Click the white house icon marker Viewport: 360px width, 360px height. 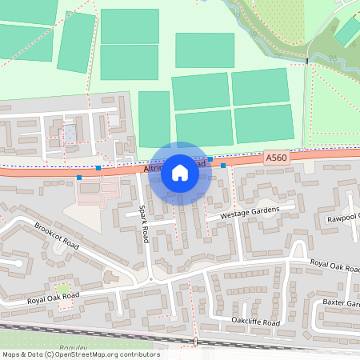180,173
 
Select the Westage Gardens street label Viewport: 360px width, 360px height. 242,212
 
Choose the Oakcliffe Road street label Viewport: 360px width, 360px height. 255,322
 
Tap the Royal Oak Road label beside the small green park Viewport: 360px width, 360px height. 54,298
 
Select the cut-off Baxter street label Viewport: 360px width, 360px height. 342,304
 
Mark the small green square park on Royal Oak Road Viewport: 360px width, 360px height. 62,286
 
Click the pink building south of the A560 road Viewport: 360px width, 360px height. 92,190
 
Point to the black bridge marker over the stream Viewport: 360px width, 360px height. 307,61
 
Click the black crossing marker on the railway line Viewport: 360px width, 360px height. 194,342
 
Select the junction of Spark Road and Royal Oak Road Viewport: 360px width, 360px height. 150,279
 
